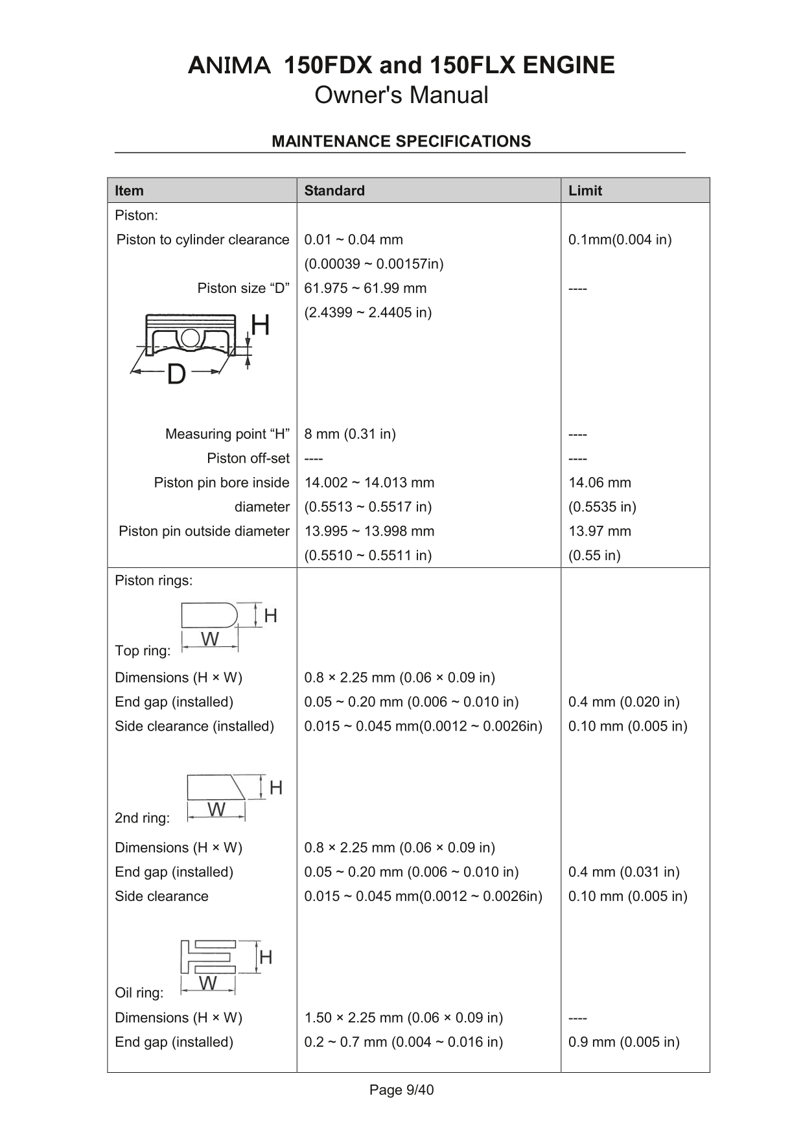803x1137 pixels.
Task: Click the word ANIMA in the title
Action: pyautogui.click(x=229, y=65)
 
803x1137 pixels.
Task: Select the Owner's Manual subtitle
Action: pyautogui.click(x=401, y=95)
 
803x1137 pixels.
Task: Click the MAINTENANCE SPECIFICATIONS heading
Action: pyautogui.click(x=401, y=141)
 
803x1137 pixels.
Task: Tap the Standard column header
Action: pyautogui.click(x=334, y=191)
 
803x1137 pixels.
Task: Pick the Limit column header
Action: pyautogui.click(x=585, y=191)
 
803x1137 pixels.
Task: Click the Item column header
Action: pyautogui.click(x=129, y=191)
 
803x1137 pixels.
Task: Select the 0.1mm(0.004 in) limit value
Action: pyautogui.click(x=620, y=240)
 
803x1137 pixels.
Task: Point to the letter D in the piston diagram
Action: pyautogui.click(x=176, y=374)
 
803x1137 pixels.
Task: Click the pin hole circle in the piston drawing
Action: pyautogui.click(x=190, y=338)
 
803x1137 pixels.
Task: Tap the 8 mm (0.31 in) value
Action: pyautogui.click(x=350, y=434)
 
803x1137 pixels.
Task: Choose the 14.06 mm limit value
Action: pyautogui.click(x=599, y=482)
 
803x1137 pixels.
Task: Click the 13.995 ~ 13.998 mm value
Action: pyautogui.click(x=369, y=531)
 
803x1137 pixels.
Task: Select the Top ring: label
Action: pyautogui.click(x=143, y=650)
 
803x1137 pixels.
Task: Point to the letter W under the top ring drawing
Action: pyautogui.click(x=210, y=639)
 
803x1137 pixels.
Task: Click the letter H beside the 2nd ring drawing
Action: pyautogui.click(x=275, y=788)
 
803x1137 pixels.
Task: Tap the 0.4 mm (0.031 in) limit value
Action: pyautogui.click(x=623, y=872)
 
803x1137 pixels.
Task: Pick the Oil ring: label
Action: pyautogui.click(x=139, y=992)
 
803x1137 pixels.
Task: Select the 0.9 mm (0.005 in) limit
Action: pyautogui.click(x=623, y=1042)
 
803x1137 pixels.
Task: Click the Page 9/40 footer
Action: pyautogui.click(x=401, y=1090)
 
